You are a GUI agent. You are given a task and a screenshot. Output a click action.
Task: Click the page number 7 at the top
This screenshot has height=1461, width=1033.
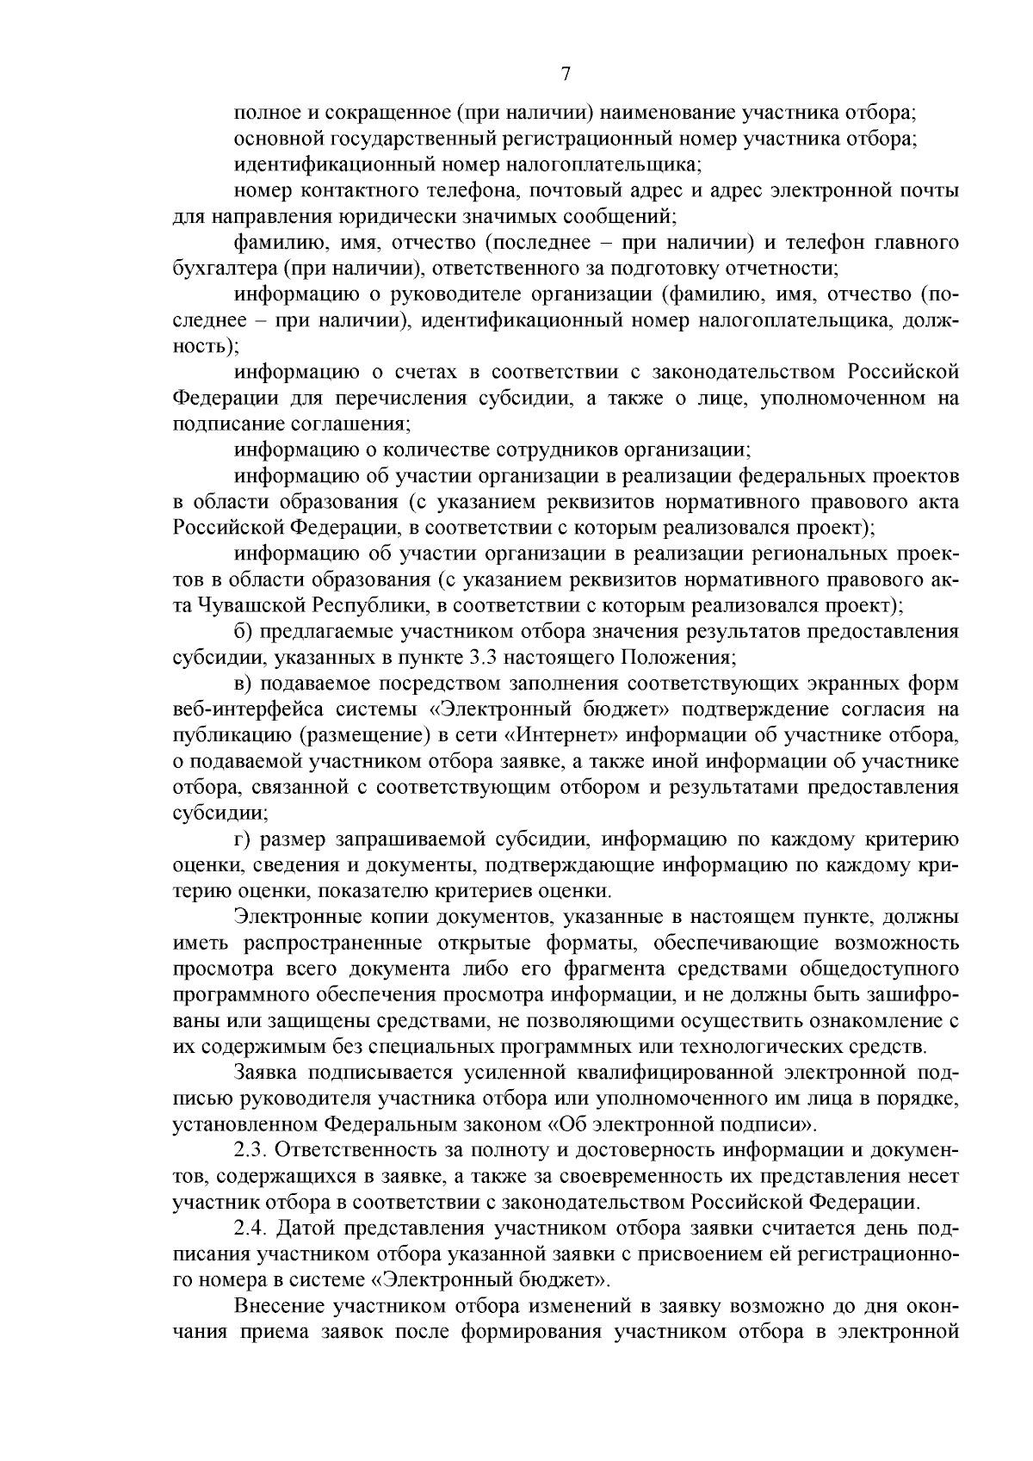coord(566,74)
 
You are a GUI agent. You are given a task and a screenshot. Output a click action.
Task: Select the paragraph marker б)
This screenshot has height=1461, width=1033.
coord(243,633)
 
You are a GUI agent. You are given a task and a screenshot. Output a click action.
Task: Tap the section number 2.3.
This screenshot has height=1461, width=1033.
coord(251,1151)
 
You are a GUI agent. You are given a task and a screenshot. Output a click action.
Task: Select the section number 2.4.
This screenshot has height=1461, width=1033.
coord(251,1229)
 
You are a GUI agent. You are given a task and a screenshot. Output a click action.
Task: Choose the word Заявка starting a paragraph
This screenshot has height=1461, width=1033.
coord(263,1074)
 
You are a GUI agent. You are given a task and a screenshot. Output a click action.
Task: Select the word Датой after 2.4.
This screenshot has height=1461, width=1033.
coord(309,1229)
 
